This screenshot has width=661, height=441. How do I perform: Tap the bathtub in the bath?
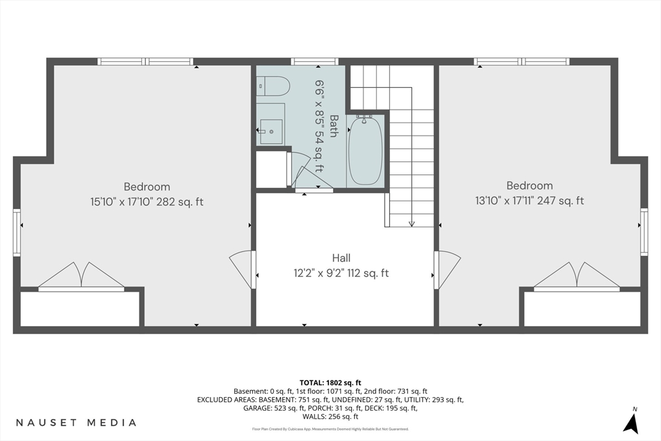click(x=365, y=150)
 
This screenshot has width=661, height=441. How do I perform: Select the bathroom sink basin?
click(x=270, y=132)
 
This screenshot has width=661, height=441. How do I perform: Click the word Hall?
click(x=341, y=258)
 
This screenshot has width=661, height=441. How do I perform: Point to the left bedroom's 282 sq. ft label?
click(x=180, y=202)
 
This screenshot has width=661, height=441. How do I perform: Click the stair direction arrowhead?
click(x=412, y=224)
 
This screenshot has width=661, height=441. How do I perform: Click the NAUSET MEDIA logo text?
click(x=76, y=422)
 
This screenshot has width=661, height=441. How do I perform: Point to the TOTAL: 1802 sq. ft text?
click(x=330, y=383)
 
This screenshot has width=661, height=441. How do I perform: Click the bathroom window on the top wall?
click(x=315, y=61)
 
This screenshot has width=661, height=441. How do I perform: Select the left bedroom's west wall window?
click(x=17, y=232)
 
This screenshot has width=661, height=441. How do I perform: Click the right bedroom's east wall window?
click(x=644, y=232)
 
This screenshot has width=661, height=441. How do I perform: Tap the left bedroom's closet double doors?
click(x=81, y=276)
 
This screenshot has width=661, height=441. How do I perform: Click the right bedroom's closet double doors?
click(x=576, y=276)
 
